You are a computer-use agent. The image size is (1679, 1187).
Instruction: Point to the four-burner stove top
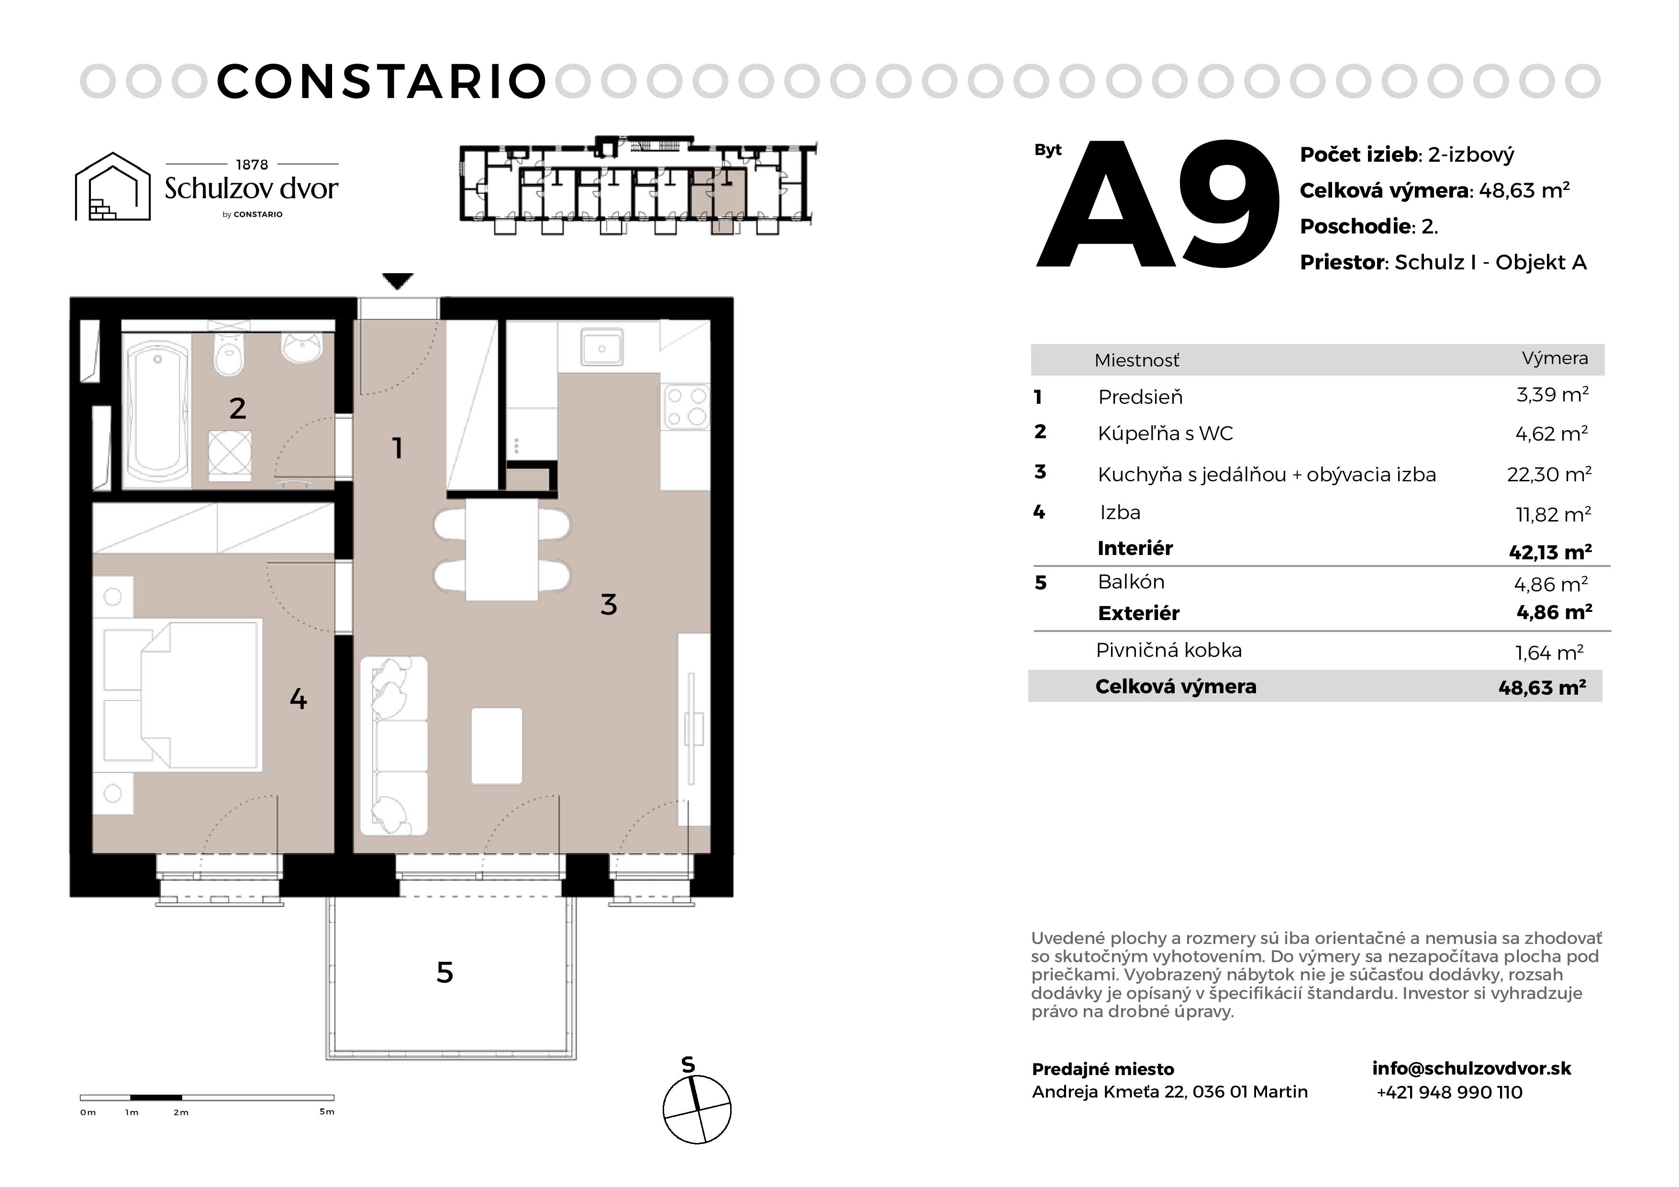686,407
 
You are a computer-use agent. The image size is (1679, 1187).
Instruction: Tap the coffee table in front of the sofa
497,745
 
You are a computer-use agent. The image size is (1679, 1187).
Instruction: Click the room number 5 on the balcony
445,972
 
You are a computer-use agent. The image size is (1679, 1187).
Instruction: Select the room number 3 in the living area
609,604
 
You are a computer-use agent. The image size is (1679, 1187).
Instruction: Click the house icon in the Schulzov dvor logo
112,187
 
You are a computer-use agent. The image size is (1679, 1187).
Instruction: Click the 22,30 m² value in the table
1549,474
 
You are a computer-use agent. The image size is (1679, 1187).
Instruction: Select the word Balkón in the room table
1131,581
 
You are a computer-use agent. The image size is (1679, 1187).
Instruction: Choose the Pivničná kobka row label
1168,650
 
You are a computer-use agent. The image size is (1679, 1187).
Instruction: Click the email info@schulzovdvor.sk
1471,1068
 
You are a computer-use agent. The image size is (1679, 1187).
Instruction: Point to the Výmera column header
1555,358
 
